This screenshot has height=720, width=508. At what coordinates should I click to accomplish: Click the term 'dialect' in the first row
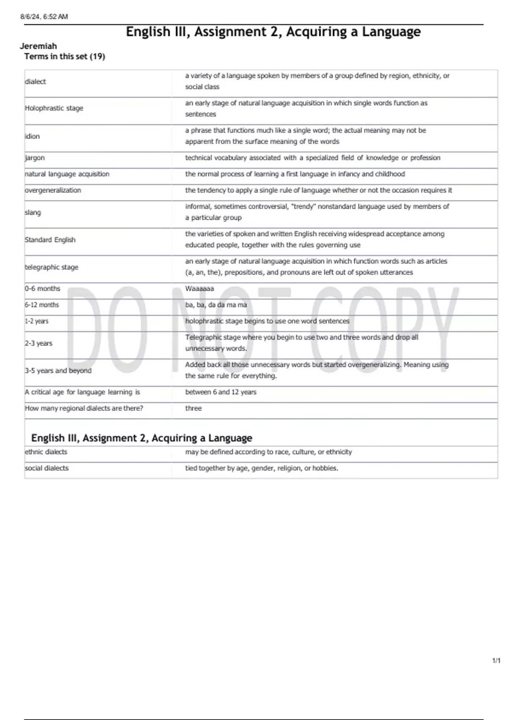36,82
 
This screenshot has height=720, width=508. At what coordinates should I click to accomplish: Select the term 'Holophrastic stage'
54,108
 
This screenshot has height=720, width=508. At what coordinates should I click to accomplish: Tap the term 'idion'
33,136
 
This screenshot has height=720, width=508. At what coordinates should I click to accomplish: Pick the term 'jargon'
35,158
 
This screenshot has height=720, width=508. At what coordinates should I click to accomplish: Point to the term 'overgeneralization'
53,191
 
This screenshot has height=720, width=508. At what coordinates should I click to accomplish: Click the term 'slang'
33,213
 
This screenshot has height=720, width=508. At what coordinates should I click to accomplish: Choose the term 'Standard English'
50,240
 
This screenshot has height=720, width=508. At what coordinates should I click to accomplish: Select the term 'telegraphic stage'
52,267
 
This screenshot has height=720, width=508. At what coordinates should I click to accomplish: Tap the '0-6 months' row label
43,289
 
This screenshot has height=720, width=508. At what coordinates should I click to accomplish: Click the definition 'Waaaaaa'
199,289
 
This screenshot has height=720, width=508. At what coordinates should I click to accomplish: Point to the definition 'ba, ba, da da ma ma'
216,305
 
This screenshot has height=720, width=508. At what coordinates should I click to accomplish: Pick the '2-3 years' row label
39,343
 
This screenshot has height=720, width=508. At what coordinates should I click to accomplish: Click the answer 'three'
193,408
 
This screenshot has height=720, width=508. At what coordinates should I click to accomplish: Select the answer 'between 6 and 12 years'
221,392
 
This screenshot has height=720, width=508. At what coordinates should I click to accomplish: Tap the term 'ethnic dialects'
46,452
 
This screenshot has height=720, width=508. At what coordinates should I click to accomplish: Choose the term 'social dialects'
47,468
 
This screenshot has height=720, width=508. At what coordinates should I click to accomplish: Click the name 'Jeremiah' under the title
38,46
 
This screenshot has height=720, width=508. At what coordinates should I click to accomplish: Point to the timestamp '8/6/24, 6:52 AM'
44,17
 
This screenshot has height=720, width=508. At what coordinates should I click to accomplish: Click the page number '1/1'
496,661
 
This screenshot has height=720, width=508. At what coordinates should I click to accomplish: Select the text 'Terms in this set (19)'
65,56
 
